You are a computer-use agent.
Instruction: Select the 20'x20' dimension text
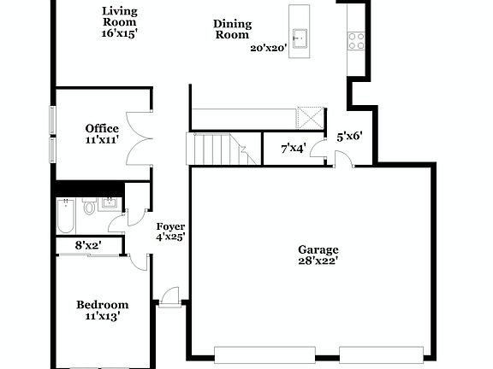pyautogui.click(x=267, y=49)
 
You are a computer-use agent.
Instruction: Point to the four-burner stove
pyautogui.click(x=356, y=39)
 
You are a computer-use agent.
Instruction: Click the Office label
pyautogui.click(x=102, y=129)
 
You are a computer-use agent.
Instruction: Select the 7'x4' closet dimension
pyautogui.click(x=294, y=149)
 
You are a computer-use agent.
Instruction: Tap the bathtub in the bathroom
pyautogui.click(x=65, y=215)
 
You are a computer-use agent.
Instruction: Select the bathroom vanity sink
pyautogui.click(x=110, y=202)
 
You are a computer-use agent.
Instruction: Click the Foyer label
pyautogui.click(x=170, y=226)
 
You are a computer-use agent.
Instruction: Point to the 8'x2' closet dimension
pyautogui.click(x=89, y=245)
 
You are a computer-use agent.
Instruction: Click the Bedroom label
pyautogui.click(x=102, y=305)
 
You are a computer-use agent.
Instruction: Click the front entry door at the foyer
pyautogui.click(x=169, y=298)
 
